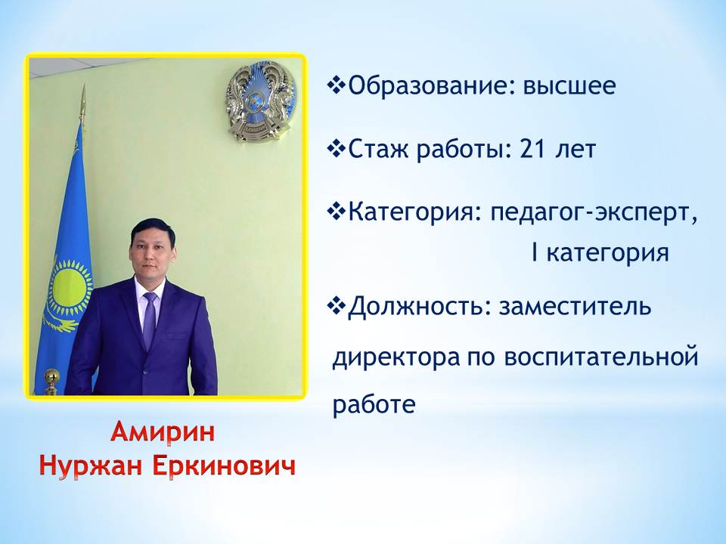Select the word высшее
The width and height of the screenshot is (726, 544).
(570, 86)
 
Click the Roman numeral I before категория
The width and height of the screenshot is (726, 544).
(535, 252)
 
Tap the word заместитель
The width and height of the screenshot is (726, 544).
(575, 306)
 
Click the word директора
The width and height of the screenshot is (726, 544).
(396, 357)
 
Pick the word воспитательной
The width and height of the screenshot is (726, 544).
(601, 357)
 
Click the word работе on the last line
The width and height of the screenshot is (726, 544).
(374, 403)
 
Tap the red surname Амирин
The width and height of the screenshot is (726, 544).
(163, 432)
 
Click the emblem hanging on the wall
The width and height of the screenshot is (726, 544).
(260, 100)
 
